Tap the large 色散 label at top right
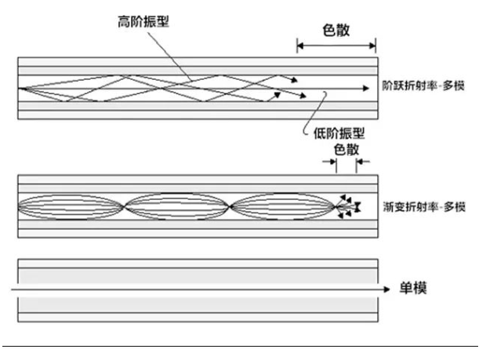point(336,30)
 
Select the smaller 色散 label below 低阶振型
point(346,148)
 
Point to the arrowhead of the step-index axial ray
point(370,89)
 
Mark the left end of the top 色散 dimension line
point(297,46)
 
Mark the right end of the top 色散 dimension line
point(376,46)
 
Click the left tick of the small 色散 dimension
point(335,164)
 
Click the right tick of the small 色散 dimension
point(357,164)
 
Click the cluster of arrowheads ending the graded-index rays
point(346,206)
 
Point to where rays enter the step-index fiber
point(20,89)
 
